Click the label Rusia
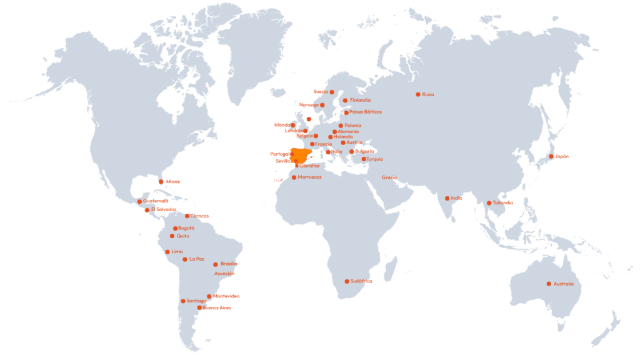tap(428, 94)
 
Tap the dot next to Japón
tap(551, 156)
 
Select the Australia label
tap(563, 284)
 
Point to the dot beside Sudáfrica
tap(347, 281)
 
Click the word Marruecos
tap(310, 177)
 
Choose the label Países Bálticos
tap(366, 112)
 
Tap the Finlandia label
tap(361, 100)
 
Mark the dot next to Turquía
tap(364, 159)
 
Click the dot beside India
tap(447, 198)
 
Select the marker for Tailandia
tap(489, 202)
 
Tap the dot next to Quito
tap(172, 236)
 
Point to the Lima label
tap(177, 251)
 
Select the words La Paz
tap(197, 259)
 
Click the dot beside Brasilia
tap(215, 264)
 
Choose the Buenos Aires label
tap(217, 307)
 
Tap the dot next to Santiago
tap(182, 301)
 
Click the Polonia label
tap(353, 125)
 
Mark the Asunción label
tap(224, 273)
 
